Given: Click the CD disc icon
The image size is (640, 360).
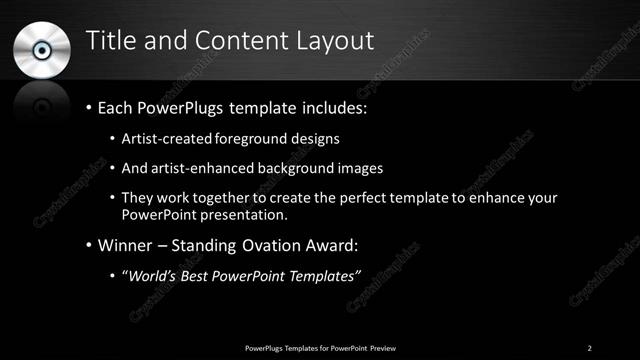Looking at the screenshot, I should click(42, 49).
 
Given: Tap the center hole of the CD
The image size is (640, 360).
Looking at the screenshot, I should click(42, 49).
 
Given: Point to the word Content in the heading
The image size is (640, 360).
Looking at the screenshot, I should click(238, 41).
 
